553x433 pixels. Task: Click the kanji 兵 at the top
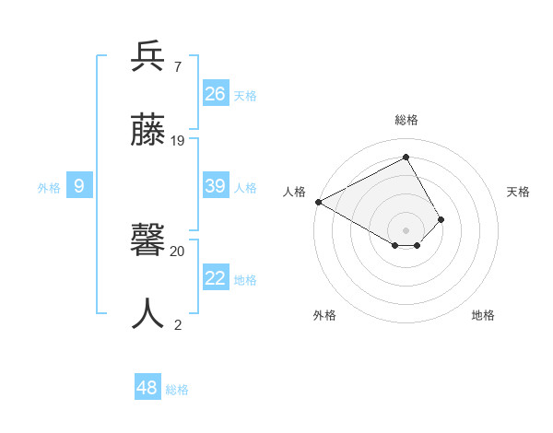[x=147, y=57]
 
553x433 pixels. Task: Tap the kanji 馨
[x=147, y=241]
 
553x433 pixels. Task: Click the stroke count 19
[x=178, y=141]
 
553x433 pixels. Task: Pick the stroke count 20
[x=178, y=251]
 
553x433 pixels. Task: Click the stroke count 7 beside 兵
[x=177, y=66]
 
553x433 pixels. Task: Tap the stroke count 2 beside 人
[x=177, y=324]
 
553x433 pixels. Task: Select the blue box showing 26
[x=216, y=93]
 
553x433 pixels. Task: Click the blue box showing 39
[x=216, y=186]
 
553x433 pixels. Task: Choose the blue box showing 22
[x=216, y=278]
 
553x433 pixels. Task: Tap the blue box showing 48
[x=147, y=388]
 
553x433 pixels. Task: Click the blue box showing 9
[x=79, y=186]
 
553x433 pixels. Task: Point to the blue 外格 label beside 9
[x=49, y=188]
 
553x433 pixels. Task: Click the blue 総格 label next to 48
[x=177, y=390]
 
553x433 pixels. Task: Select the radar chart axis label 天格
[x=518, y=192]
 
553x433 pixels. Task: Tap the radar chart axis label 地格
[x=483, y=315]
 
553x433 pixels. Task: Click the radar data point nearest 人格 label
[x=318, y=201]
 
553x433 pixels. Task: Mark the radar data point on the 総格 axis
[x=406, y=157]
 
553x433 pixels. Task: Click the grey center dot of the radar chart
[x=406, y=228]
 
